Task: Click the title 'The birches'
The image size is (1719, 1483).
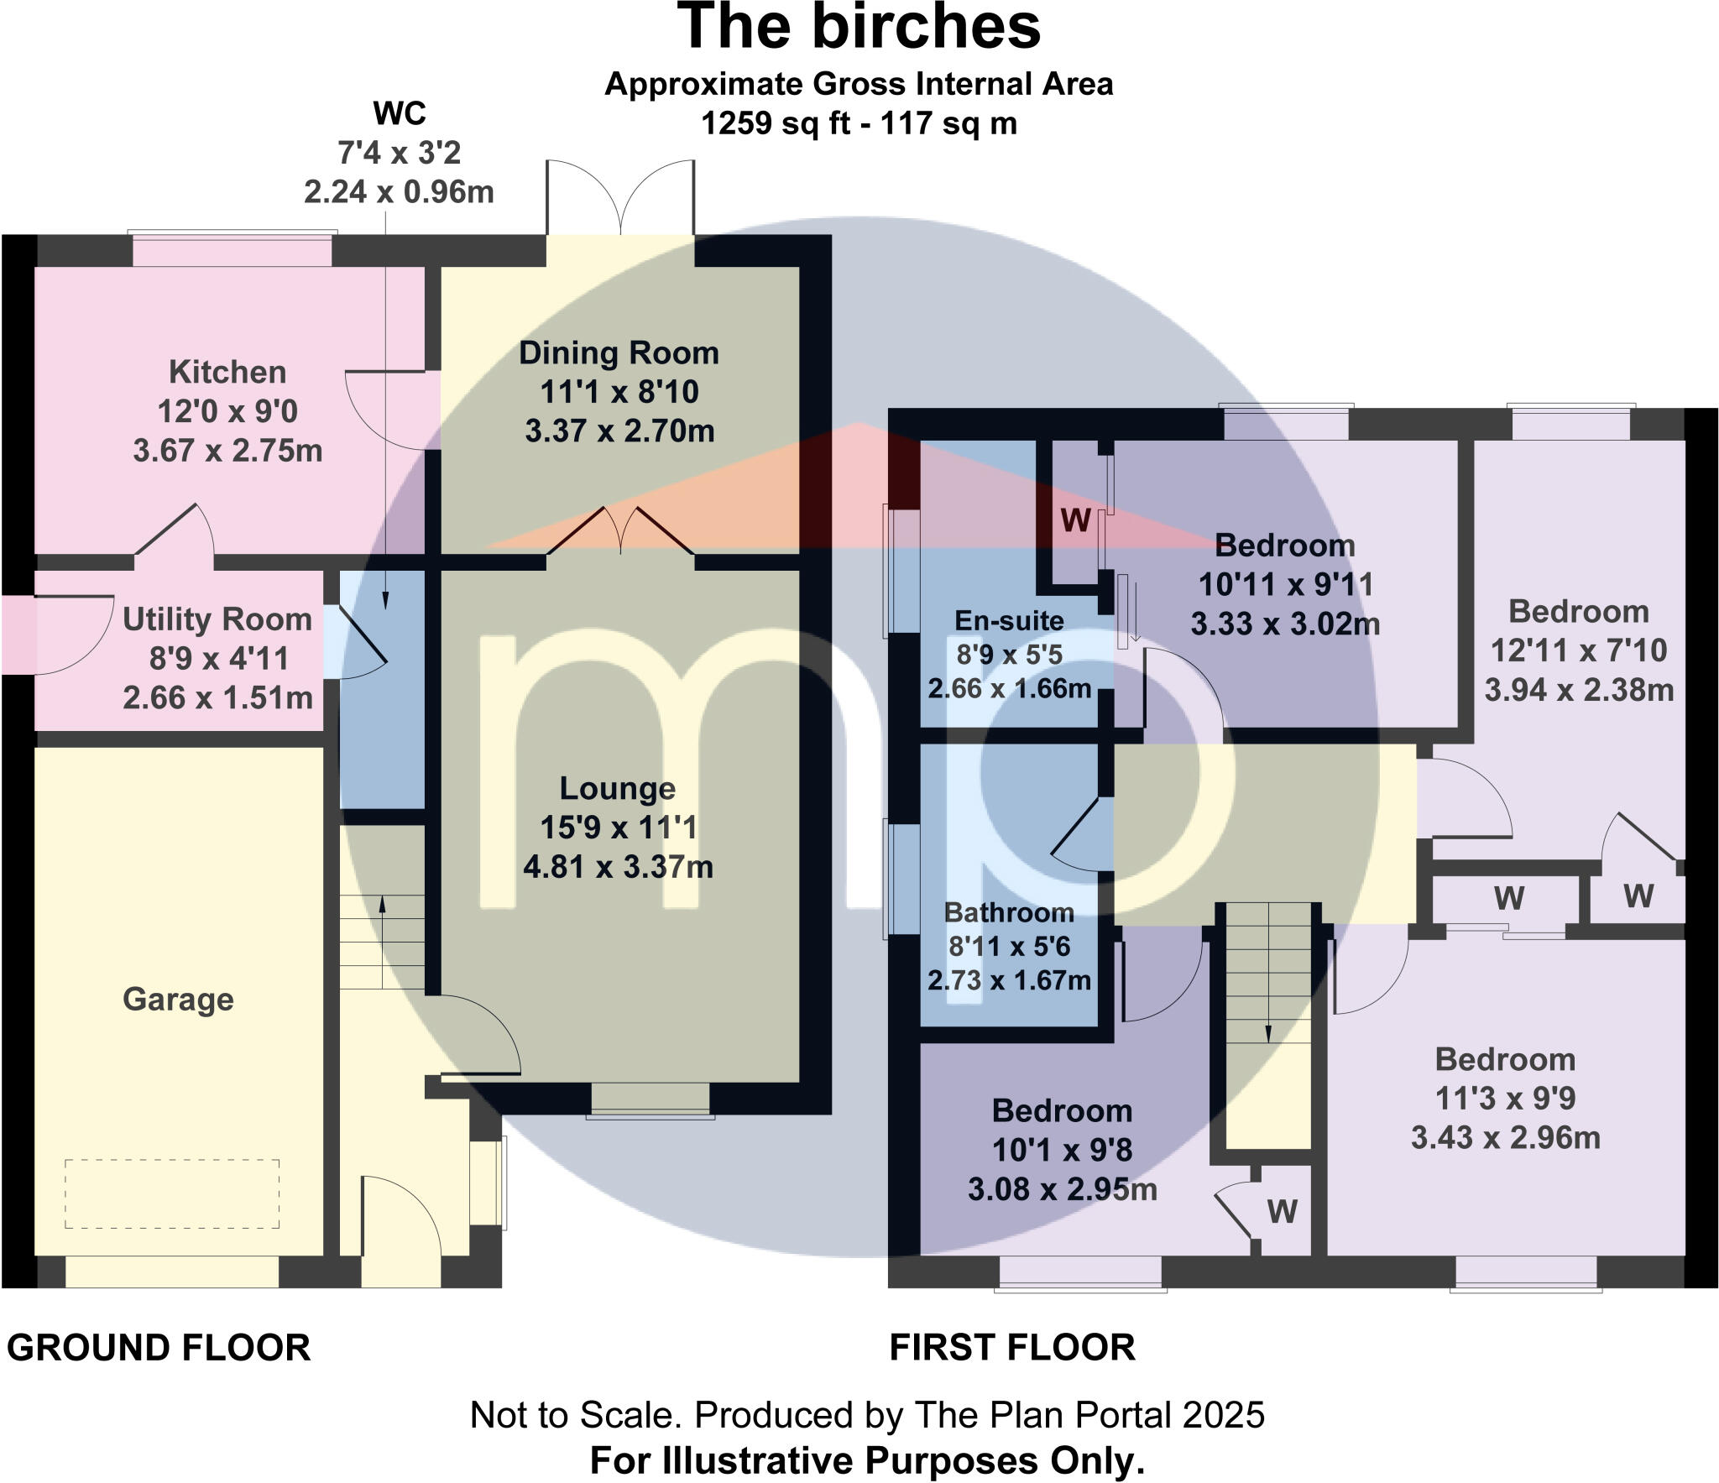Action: (x=859, y=29)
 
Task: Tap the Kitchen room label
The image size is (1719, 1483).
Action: (x=227, y=372)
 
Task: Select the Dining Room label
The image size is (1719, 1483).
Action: (x=619, y=353)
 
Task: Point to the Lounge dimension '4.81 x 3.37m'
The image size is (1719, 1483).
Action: (x=619, y=866)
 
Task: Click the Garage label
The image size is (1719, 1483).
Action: (x=178, y=999)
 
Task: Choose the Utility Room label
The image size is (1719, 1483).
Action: (x=217, y=619)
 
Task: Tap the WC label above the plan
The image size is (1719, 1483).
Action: (x=400, y=112)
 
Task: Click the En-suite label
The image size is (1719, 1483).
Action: (x=1009, y=621)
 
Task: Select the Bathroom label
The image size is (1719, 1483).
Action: (x=1009, y=912)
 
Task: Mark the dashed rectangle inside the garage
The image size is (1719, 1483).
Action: (x=172, y=1193)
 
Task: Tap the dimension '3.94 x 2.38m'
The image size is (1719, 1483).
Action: (x=1579, y=690)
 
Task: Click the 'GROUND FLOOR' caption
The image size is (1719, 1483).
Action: (x=159, y=1348)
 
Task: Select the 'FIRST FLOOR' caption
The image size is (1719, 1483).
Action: (x=1012, y=1348)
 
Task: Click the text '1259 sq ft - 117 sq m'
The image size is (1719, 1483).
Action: (x=859, y=123)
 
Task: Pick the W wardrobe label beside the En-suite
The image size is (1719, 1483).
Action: (x=1075, y=521)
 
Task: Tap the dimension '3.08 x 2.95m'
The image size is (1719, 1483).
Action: (x=1062, y=1189)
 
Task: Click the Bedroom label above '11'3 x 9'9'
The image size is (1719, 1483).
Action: (x=1505, y=1060)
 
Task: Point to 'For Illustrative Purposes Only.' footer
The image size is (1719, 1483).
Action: (x=867, y=1460)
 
